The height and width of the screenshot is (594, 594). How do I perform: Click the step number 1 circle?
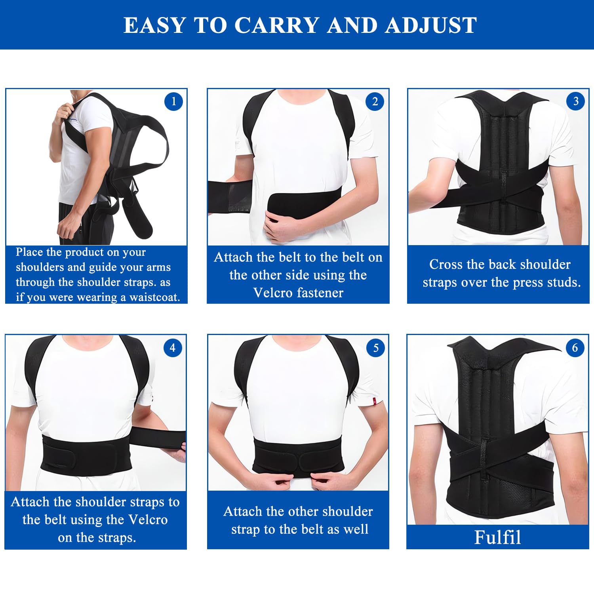pyautogui.click(x=173, y=102)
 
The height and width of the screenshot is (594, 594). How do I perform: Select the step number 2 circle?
pyautogui.click(x=375, y=102)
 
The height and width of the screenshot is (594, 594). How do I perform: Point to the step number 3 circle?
pyautogui.click(x=576, y=101)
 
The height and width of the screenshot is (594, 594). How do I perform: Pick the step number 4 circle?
pyautogui.click(x=173, y=348)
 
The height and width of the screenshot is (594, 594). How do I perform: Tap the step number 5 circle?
pyautogui.click(x=376, y=348)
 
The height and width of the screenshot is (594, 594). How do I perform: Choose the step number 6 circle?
pyautogui.click(x=575, y=348)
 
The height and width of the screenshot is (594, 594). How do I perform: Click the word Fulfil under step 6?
pyautogui.click(x=497, y=537)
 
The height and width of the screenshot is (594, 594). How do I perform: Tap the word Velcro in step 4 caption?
pyautogui.click(x=147, y=520)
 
